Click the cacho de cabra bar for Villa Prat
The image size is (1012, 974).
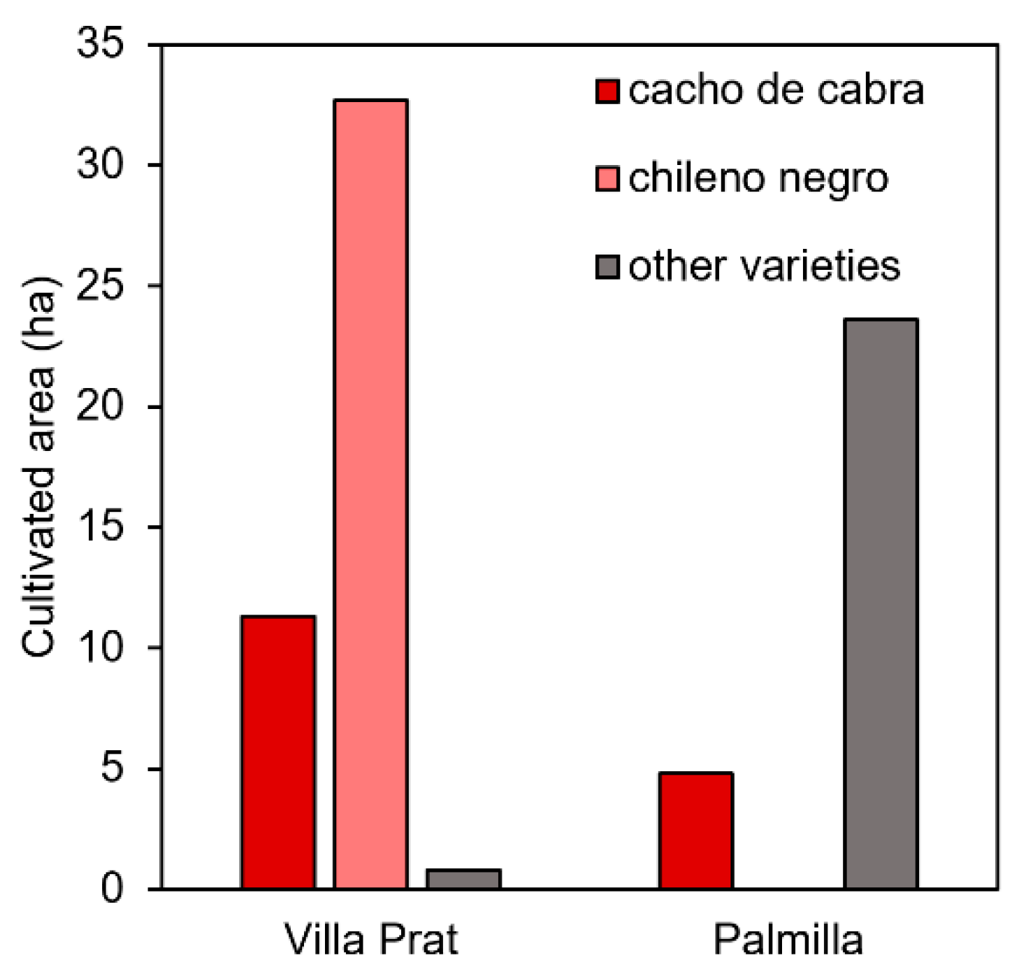click(278, 752)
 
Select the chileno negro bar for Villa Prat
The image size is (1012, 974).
click(370, 494)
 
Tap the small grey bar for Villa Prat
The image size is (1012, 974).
click(463, 879)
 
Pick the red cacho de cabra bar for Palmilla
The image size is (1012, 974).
click(695, 831)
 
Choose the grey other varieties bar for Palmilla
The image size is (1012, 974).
click(881, 603)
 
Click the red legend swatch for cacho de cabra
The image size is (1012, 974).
click(607, 91)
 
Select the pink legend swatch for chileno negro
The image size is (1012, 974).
click(607, 178)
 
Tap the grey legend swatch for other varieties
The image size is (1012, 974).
click(607, 266)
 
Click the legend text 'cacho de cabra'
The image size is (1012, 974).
click(776, 91)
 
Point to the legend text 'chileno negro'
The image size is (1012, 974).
click(758, 179)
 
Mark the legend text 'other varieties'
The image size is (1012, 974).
click(764, 266)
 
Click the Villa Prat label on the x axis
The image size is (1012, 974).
click(371, 939)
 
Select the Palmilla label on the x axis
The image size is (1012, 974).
click(788, 939)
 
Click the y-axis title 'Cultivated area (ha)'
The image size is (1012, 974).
click(38, 466)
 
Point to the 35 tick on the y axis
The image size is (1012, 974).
click(100, 43)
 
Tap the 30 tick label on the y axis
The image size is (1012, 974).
click(100, 165)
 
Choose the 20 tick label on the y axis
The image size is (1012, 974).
click(100, 406)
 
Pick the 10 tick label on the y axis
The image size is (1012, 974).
click(100, 647)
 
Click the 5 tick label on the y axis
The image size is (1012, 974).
click(112, 768)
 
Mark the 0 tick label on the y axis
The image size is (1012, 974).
click(112, 888)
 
